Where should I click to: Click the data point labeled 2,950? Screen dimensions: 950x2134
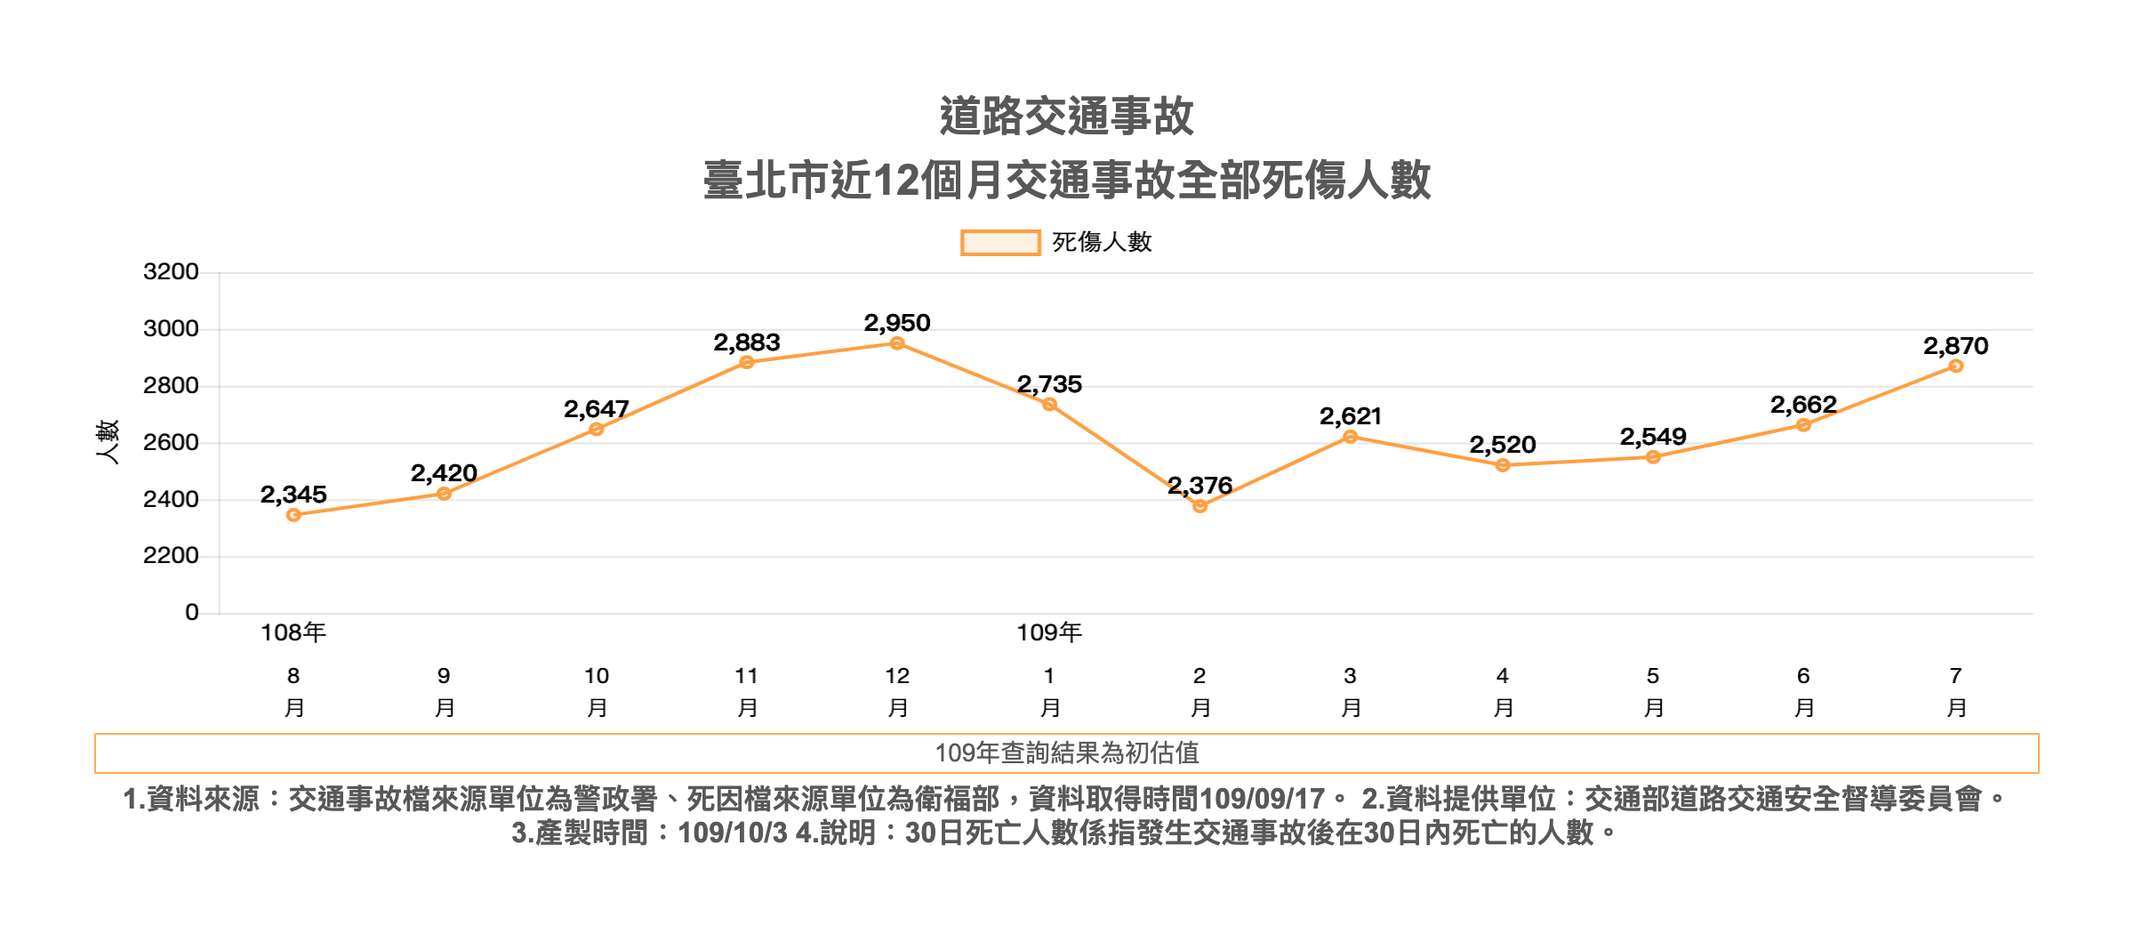(x=897, y=343)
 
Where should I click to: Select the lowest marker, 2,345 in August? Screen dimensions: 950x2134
(x=293, y=515)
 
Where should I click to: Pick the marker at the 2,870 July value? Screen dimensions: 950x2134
(x=1955, y=366)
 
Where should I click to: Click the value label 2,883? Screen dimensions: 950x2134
(x=746, y=342)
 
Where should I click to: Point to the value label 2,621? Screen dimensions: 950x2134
(x=1350, y=416)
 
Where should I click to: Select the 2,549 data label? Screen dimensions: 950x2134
(x=1652, y=437)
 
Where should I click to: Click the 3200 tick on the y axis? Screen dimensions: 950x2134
(x=171, y=272)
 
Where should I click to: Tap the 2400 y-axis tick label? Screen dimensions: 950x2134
(x=171, y=499)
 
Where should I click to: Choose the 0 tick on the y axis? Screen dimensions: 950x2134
(x=191, y=612)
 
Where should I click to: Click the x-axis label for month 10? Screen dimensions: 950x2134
(x=597, y=691)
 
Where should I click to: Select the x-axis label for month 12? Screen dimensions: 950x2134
(x=897, y=691)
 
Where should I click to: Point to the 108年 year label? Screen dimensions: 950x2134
(x=293, y=632)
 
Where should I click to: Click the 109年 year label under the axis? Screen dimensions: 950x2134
(x=1049, y=632)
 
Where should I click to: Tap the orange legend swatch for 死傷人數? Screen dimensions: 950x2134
(x=1000, y=243)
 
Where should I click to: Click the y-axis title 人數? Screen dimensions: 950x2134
(x=108, y=442)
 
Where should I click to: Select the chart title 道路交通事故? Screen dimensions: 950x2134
(x=1066, y=117)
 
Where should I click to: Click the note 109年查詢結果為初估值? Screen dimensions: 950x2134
(x=1066, y=753)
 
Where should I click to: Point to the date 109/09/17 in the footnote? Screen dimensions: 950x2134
(x=1262, y=799)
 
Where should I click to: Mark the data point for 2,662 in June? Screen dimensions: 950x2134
(x=1803, y=425)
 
